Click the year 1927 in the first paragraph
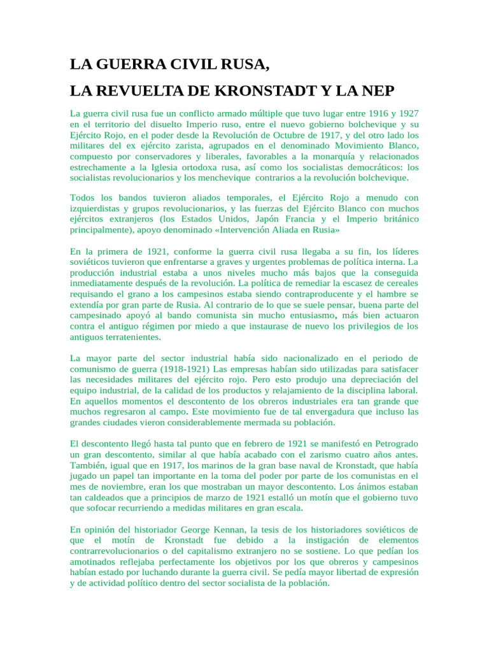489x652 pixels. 406,113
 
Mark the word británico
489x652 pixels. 396,218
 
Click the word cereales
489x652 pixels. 398,283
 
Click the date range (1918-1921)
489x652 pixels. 188,369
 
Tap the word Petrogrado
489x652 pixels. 392,443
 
